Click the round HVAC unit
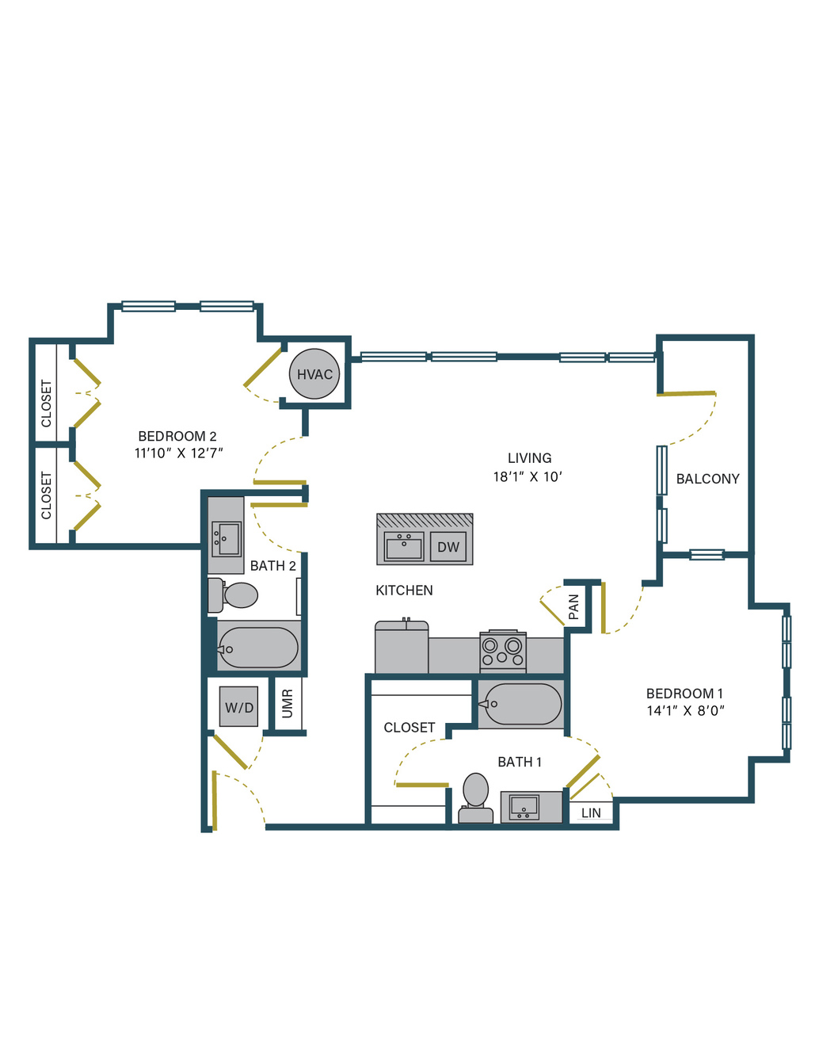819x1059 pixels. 314,374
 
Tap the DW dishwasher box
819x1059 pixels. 448,546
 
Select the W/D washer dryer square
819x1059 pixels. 238,706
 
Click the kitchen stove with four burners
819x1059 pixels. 502,651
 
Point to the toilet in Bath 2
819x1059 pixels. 232,595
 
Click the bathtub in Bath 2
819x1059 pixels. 257,647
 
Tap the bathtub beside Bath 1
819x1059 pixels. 520,704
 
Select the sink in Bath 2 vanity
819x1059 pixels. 227,539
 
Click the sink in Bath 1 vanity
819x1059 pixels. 524,808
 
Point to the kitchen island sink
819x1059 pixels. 404,546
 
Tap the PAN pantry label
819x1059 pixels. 573,606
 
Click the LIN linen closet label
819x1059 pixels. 591,813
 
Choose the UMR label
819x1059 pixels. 288,704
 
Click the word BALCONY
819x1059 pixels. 707,479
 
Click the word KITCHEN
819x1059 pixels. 404,591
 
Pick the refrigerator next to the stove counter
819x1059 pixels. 402,646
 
